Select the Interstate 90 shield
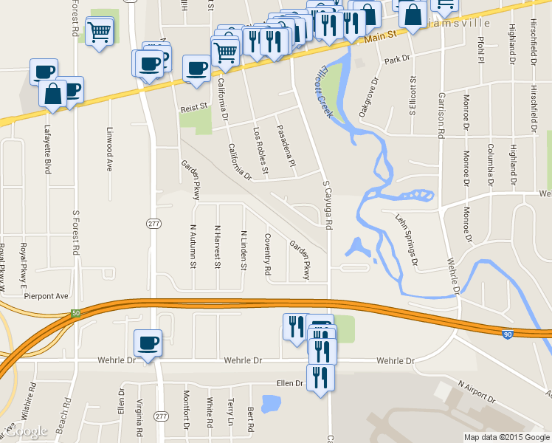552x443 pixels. [508, 334]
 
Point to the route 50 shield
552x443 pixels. [75, 314]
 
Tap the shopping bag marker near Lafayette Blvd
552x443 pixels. [53, 95]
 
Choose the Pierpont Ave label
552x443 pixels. [46, 296]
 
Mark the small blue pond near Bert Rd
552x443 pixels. [271, 403]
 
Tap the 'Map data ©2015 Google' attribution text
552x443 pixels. [507, 437]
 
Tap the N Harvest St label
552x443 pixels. [217, 247]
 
